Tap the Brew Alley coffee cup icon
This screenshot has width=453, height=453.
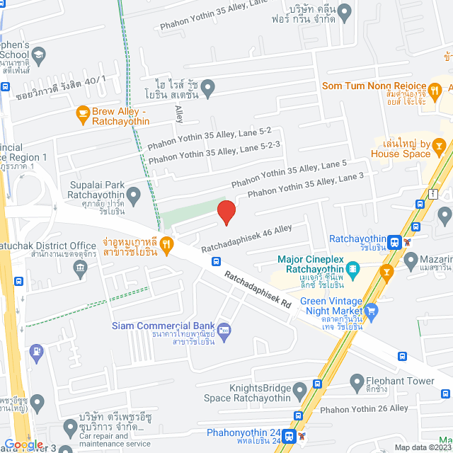[x=83, y=113]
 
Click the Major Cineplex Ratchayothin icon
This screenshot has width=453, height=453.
[x=352, y=268]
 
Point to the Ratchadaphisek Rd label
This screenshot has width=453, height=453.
[x=258, y=289]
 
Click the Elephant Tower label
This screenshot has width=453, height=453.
[x=401, y=381]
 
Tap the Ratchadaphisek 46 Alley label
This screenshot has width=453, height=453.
[x=246, y=239]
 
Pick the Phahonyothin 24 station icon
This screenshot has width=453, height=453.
[x=289, y=435]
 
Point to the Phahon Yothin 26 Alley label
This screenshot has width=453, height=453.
[x=364, y=408]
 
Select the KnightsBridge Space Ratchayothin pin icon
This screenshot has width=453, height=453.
[x=300, y=389]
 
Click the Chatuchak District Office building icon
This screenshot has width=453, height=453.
[x=79, y=267]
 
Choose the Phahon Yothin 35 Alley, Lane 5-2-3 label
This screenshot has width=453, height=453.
[x=214, y=152]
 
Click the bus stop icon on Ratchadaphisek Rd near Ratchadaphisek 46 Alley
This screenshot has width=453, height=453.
[x=216, y=261]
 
